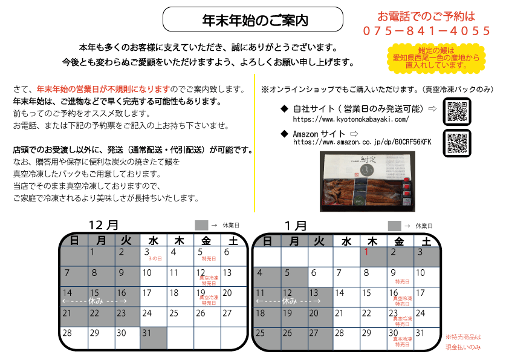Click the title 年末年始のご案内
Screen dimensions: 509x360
pyautogui.click(x=255, y=20)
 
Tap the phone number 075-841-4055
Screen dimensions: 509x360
pyautogui.click(x=427, y=31)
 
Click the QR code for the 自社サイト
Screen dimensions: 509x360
pyautogui.click(x=457, y=111)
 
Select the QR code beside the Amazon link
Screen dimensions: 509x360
pyautogui.click(x=457, y=143)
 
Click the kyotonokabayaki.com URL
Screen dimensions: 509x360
pyautogui.click(x=351, y=119)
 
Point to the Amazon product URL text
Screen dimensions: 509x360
pyautogui.click(x=362, y=142)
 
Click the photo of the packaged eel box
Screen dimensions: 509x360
pyautogui.click(x=367, y=182)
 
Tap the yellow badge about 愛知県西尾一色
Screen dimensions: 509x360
pyautogui.click(x=436, y=58)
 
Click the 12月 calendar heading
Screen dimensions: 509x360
pyautogui.click(x=103, y=225)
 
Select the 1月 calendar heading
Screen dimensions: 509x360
pyautogui.click(x=296, y=226)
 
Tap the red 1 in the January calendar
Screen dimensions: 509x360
pyautogui.click(x=366, y=252)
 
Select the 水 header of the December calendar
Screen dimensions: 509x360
pyautogui.click(x=153, y=241)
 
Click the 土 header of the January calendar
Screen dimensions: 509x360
pyautogui.click(x=426, y=241)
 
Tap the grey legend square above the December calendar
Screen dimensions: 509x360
pyautogui.click(x=201, y=225)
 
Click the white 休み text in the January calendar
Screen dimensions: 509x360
pyautogui.click(x=289, y=301)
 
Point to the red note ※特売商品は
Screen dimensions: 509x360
pyautogui.click(x=463, y=337)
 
